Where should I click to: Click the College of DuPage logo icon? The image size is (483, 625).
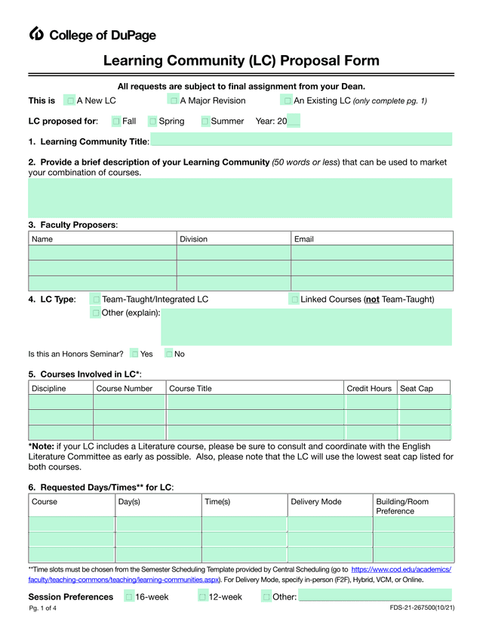[x=37, y=33]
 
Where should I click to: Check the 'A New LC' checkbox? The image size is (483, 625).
[x=70, y=100]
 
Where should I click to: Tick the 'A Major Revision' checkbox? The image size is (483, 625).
[x=174, y=100]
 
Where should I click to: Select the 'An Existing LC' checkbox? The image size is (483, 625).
[x=287, y=100]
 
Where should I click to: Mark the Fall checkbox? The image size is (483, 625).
[x=116, y=122]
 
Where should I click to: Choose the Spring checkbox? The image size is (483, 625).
[x=152, y=122]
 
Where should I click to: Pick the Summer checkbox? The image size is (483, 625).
[x=205, y=122]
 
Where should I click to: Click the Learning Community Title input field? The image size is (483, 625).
[x=301, y=140]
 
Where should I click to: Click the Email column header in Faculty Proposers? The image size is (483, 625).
[x=304, y=239]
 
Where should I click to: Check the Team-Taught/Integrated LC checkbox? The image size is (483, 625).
[x=95, y=300]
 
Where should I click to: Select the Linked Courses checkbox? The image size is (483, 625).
[x=294, y=300]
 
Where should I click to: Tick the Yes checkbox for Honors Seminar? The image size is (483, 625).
[x=134, y=353]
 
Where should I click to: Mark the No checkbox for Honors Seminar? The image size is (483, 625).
[x=169, y=353]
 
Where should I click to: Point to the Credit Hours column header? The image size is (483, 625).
[x=369, y=389]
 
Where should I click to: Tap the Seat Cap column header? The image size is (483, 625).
[x=417, y=389]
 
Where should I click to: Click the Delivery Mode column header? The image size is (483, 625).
[x=316, y=502]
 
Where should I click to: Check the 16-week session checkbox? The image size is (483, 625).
[x=129, y=597]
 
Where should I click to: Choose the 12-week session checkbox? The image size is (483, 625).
[x=203, y=597]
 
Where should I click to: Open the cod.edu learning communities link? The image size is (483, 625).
[x=401, y=570]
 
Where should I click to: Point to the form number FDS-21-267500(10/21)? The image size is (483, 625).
[x=422, y=608]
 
